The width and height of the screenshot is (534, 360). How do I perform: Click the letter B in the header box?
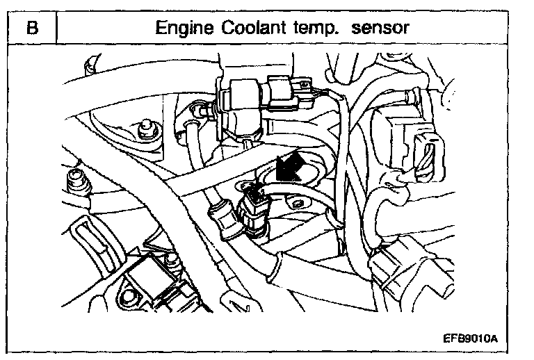pos(31,28)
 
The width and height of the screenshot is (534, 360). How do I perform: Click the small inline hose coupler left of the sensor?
pos(218,211)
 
